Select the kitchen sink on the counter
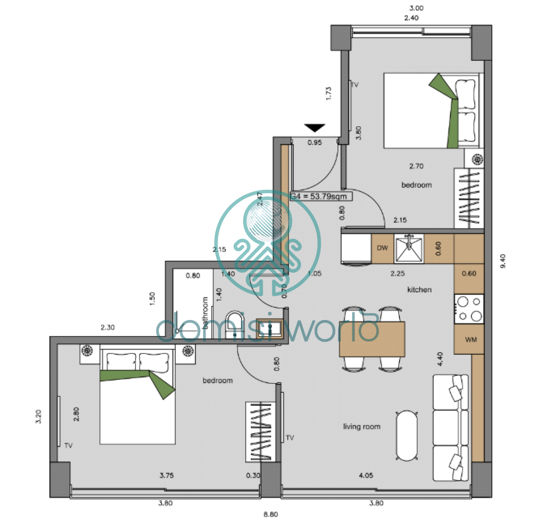coord(410,245)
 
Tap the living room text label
coord(361,427)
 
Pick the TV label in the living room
coord(289,437)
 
